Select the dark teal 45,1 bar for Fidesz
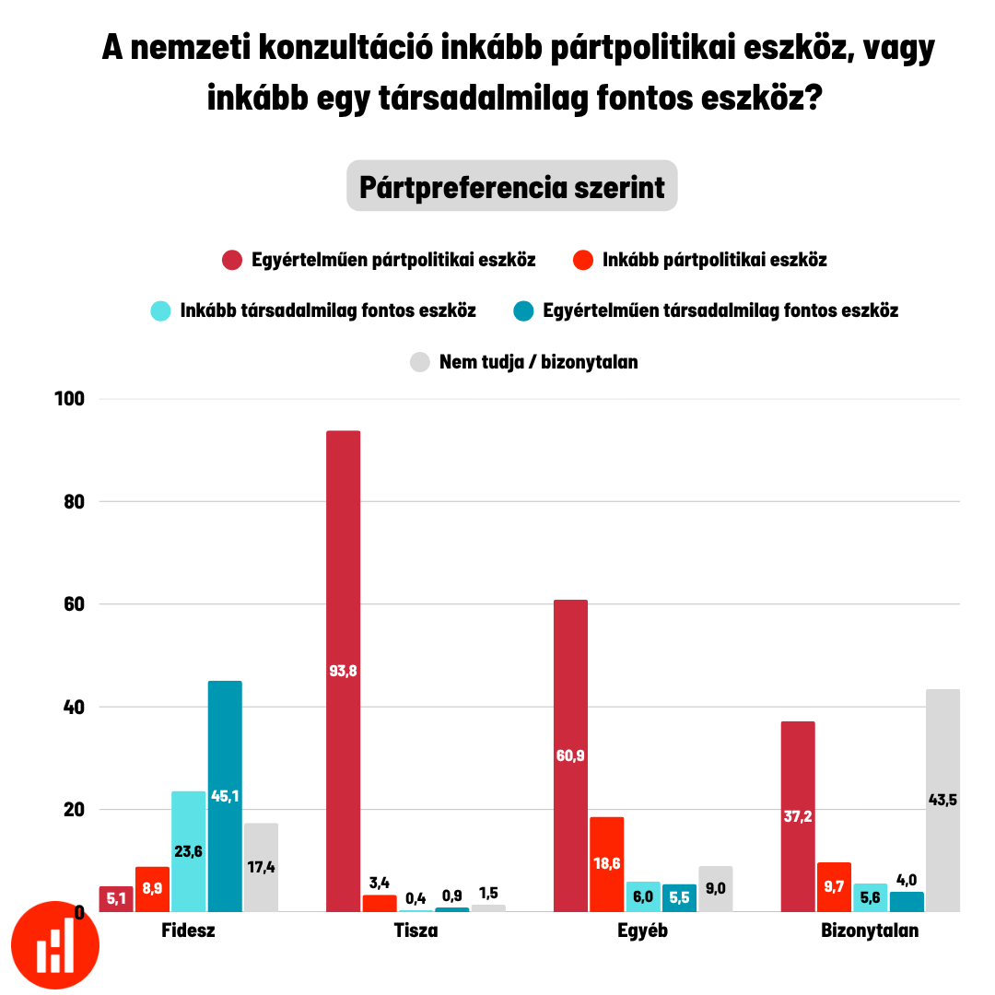(x=225, y=796)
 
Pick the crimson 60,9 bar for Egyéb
(x=570, y=755)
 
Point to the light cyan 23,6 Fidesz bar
(x=189, y=851)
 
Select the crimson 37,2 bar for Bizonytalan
(x=797, y=816)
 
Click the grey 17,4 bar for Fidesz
(x=261, y=867)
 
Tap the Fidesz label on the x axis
(x=188, y=931)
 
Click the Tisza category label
(x=416, y=931)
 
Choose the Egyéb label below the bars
(x=642, y=931)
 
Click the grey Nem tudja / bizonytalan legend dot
(x=420, y=362)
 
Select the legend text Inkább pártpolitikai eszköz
(x=714, y=260)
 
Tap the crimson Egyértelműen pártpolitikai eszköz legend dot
(x=232, y=260)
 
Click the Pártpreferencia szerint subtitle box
(x=511, y=187)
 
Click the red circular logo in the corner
(x=55, y=945)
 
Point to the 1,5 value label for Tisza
(x=488, y=893)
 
